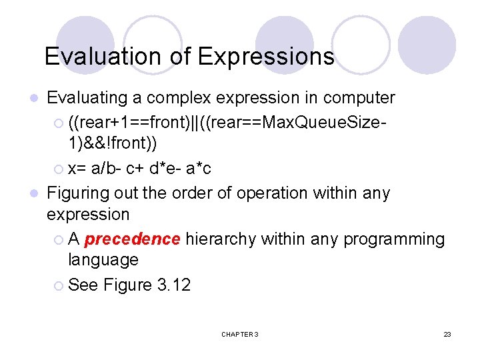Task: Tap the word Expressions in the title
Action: click(x=266, y=57)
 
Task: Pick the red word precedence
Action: click(x=133, y=239)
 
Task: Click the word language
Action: click(x=103, y=259)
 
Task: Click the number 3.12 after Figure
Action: click(x=173, y=285)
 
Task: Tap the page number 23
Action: click(x=447, y=334)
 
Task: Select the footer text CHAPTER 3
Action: click(x=239, y=334)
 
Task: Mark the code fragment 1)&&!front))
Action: click(x=113, y=143)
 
